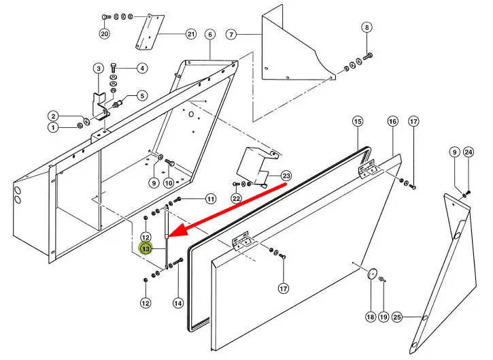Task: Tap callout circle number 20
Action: pos(104,33)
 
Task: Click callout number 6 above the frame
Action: pos(142,68)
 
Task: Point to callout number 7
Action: pos(142,95)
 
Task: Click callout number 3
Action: pos(231,34)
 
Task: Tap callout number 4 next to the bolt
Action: pos(367,28)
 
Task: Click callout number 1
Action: pos(52,127)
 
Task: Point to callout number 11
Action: pos(211,199)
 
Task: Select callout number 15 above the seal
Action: pos(358,122)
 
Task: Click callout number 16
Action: pos(392,122)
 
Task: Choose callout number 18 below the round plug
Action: pos(371,316)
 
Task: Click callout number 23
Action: pos(287,176)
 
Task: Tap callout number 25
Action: pos(398,316)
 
